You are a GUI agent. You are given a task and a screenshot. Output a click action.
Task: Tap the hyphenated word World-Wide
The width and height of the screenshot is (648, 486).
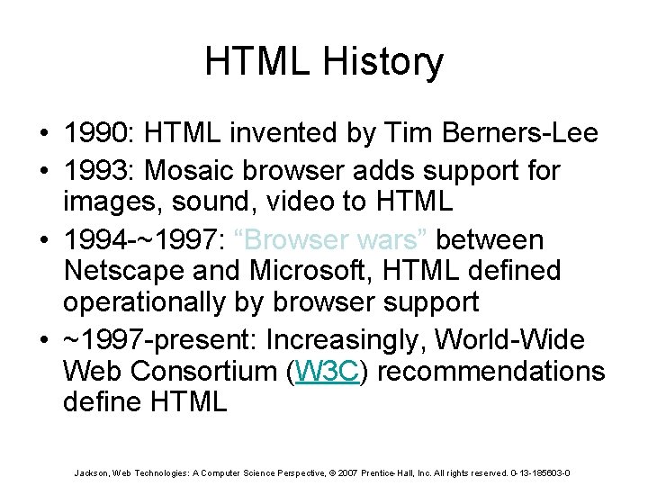520,341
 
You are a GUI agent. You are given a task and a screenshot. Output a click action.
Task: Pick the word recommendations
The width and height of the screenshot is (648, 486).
490,371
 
